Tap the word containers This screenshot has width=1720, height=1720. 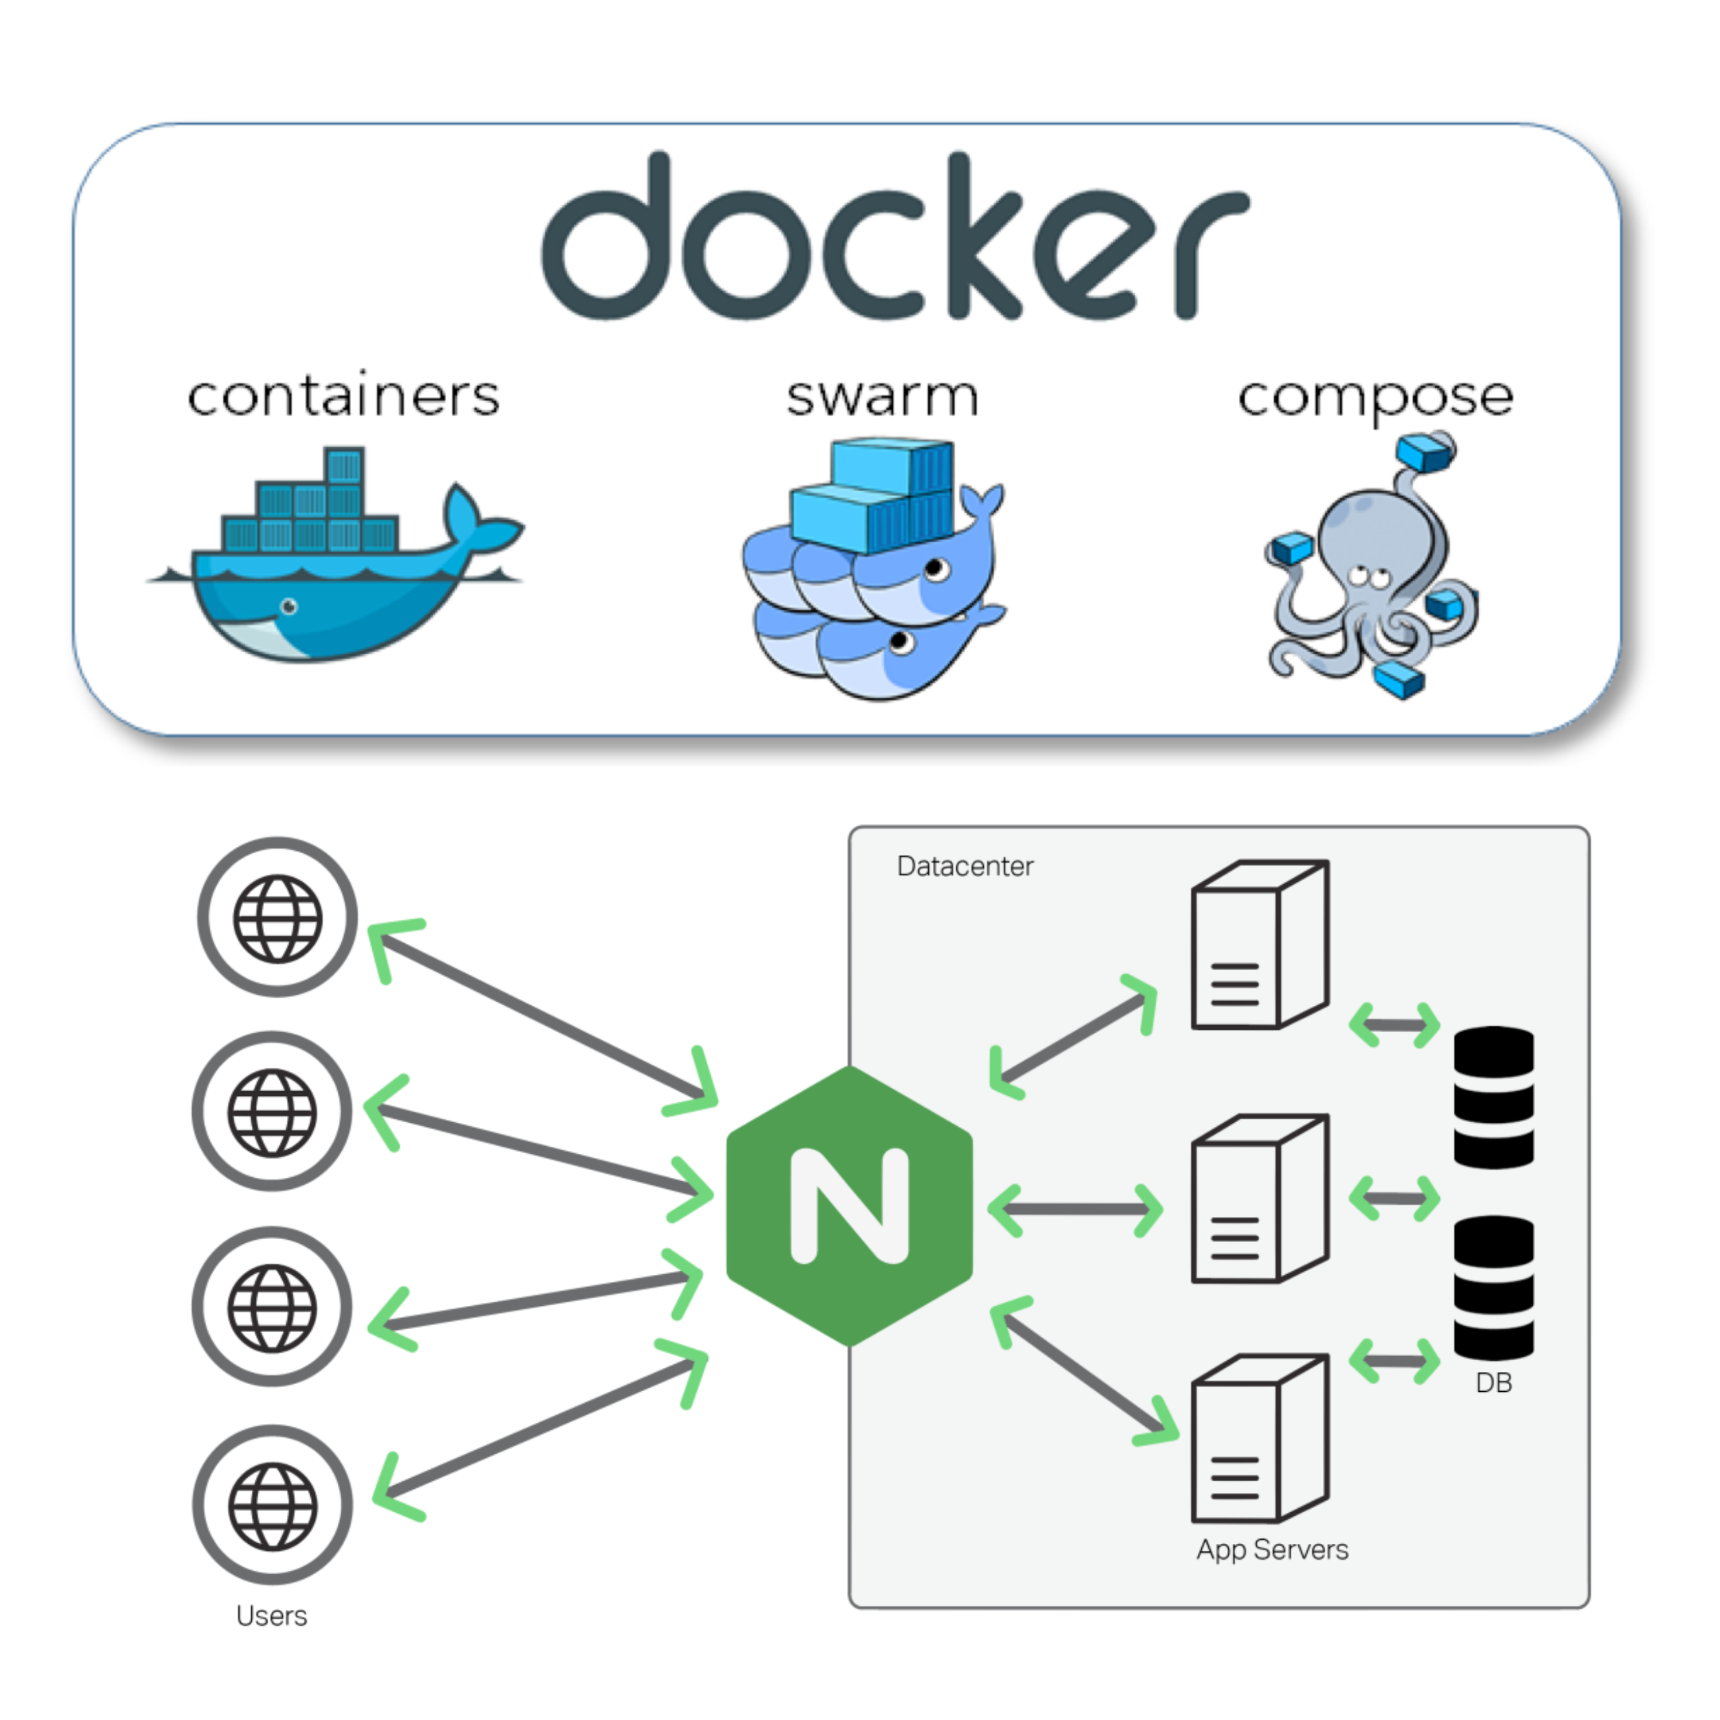tap(343, 396)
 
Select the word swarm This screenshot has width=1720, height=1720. tap(882, 397)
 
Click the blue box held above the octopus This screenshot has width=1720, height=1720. tap(1424, 451)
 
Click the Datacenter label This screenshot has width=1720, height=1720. tap(965, 866)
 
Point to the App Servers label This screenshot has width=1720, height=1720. tap(1272, 1550)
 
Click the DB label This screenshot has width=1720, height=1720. tap(1494, 1383)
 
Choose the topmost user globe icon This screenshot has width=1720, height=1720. tap(277, 918)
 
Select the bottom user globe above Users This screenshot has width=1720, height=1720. tap(272, 1506)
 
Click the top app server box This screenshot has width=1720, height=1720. tap(1259, 945)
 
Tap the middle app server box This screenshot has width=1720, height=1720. tap(1259, 1198)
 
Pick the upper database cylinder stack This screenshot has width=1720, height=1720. tap(1494, 1097)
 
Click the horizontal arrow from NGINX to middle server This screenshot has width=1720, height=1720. tap(1075, 1209)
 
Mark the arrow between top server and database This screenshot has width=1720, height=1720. tap(1394, 1024)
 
